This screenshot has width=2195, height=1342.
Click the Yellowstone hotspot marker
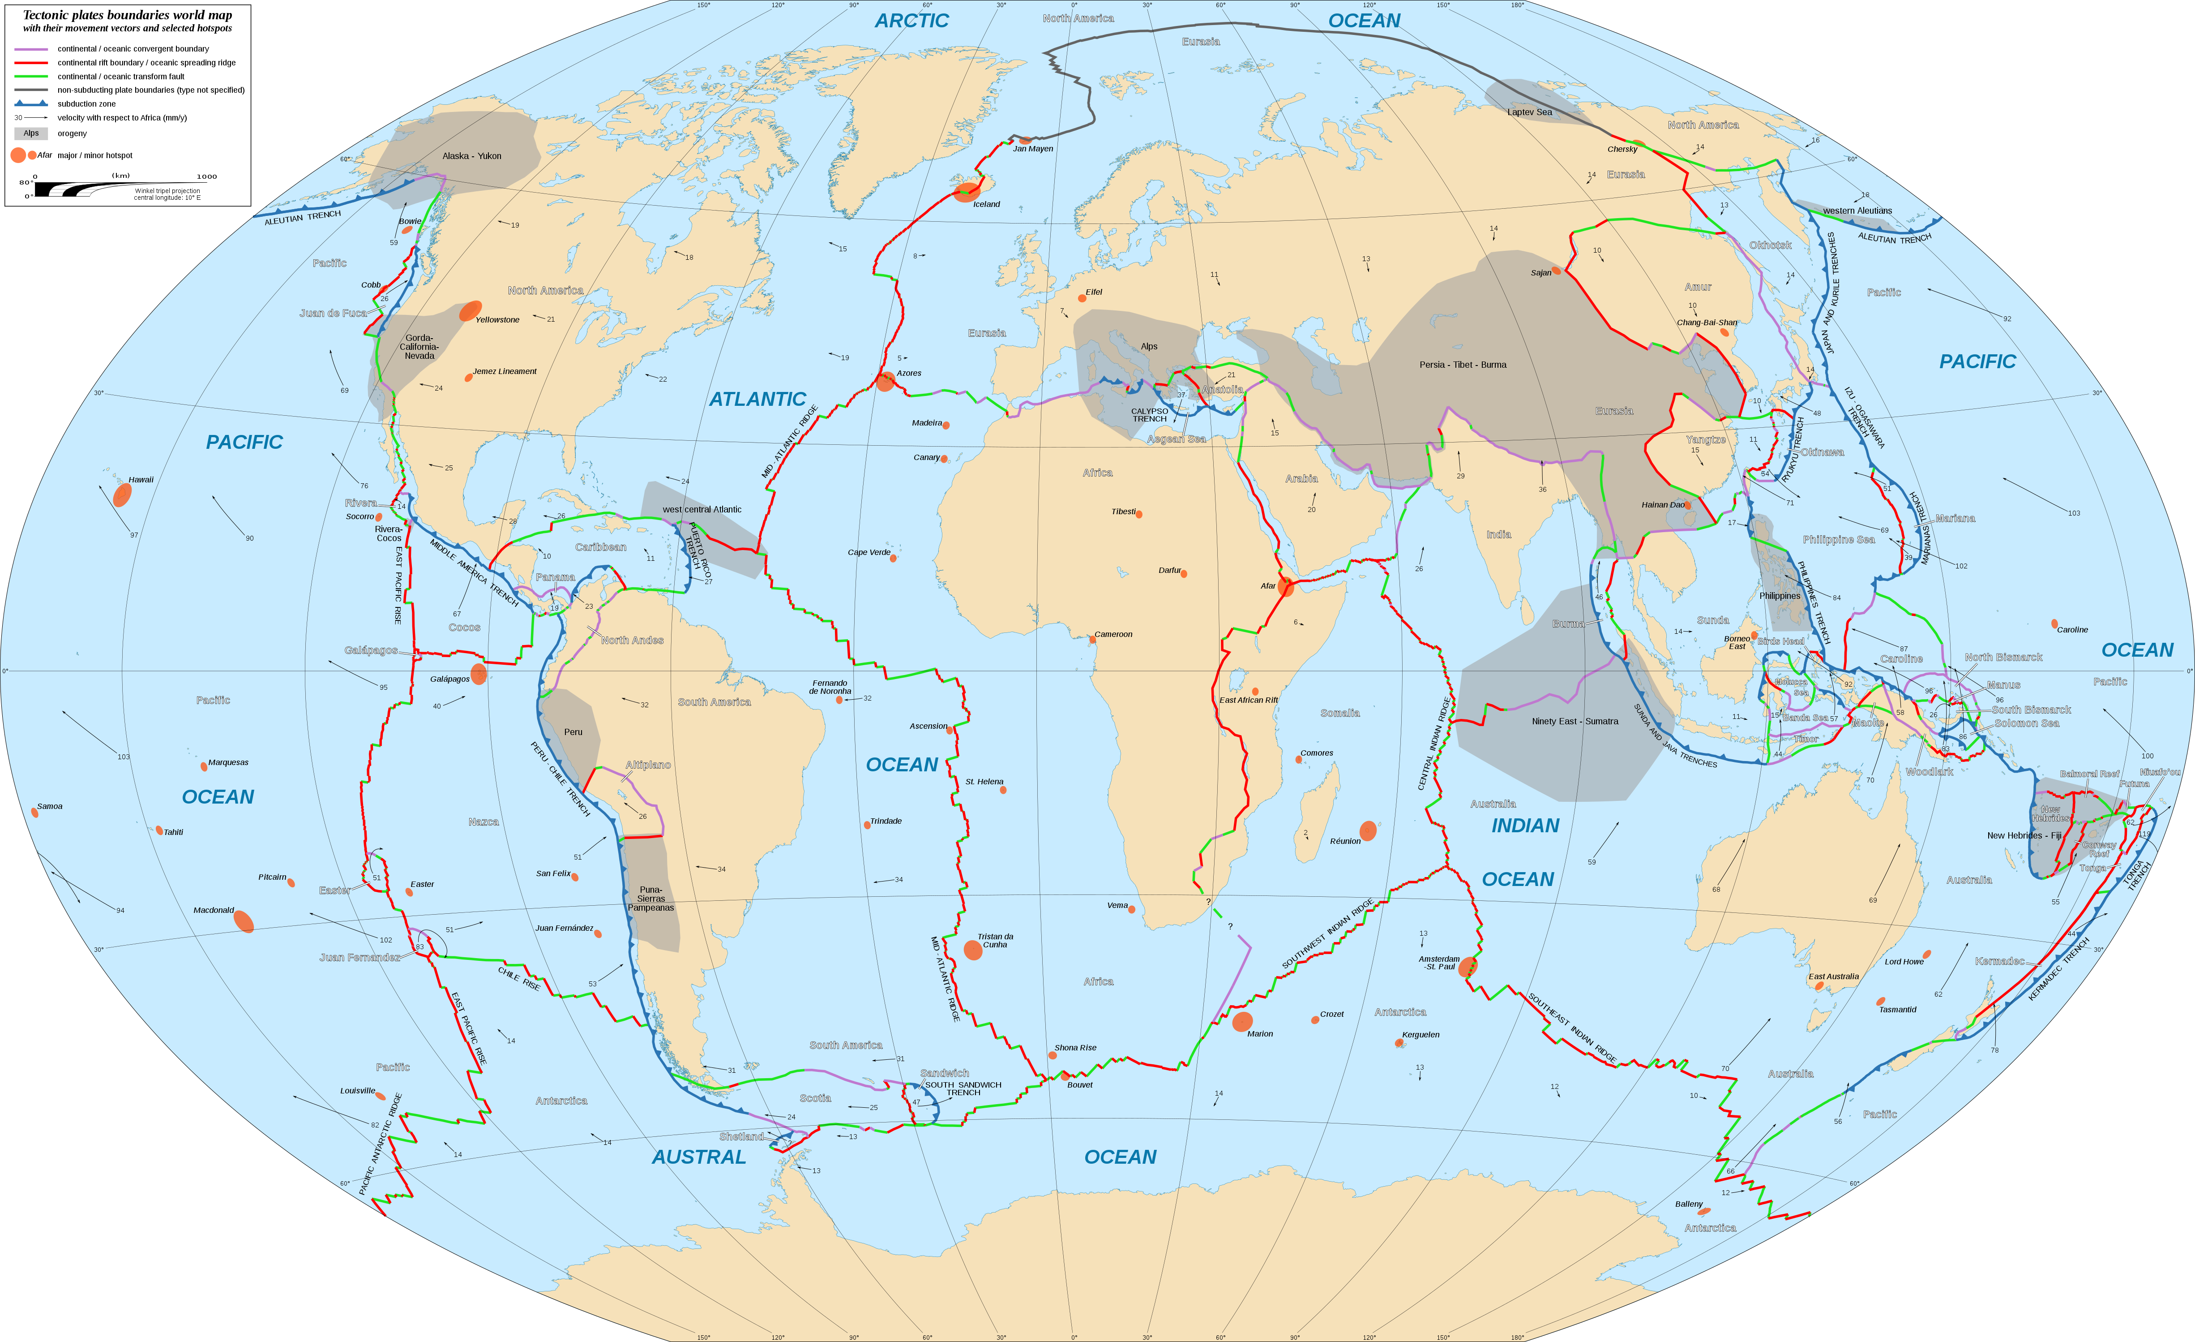click(471, 311)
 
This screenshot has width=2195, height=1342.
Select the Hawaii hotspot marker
click(122, 495)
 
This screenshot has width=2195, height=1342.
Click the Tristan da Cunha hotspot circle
click(973, 950)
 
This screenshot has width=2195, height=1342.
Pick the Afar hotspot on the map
click(1285, 586)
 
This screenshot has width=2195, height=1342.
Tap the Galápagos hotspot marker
click(479, 674)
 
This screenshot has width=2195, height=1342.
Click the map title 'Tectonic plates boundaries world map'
click(128, 15)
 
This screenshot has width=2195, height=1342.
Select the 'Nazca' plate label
click(483, 822)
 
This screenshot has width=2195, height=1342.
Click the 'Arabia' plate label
click(1301, 478)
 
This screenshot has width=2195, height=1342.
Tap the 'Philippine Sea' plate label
click(1839, 539)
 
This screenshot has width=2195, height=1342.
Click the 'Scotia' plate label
click(815, 1098)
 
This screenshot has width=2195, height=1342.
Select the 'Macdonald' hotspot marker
click(243, 921)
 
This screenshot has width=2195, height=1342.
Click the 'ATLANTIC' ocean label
click(757, 399)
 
